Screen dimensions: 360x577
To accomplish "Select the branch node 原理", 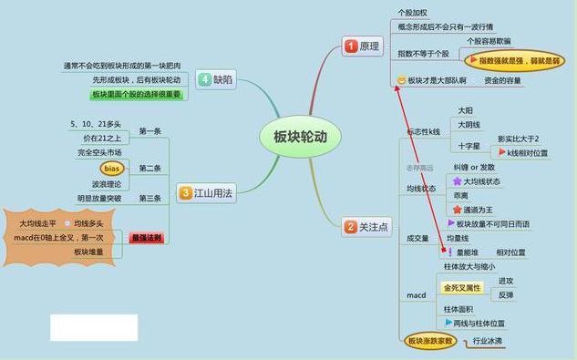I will click(x=363, y=46).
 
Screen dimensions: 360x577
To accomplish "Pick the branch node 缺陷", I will click(x=216, y=79).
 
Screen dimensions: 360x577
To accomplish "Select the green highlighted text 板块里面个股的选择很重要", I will click(x=135, y=94).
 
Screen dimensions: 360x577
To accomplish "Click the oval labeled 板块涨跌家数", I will click(x=430, y=341).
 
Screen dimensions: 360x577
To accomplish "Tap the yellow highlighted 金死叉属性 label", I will click(x=462, y=288).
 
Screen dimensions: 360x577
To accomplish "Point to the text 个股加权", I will click(x=412, y=12).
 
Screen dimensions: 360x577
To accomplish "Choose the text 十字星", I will click(x=469, y=145).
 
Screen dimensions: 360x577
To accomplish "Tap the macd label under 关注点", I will click(x=416, y=295).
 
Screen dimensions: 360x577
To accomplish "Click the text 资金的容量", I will click(x=502, y=81).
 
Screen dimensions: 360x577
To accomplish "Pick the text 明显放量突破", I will click(x=99, y=198).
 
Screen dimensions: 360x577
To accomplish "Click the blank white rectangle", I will click(x=94, y=328).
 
